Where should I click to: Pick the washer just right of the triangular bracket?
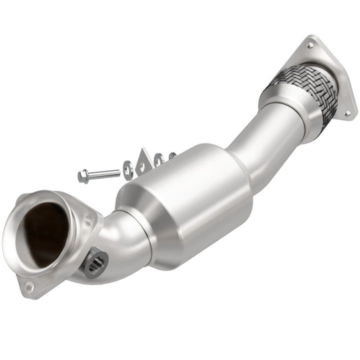(159, 159)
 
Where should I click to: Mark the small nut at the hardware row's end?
(172, 156)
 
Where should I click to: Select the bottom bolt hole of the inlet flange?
(29, 286)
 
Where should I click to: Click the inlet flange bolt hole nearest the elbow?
(89, 218)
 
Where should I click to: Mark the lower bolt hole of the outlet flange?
(346, 113)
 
